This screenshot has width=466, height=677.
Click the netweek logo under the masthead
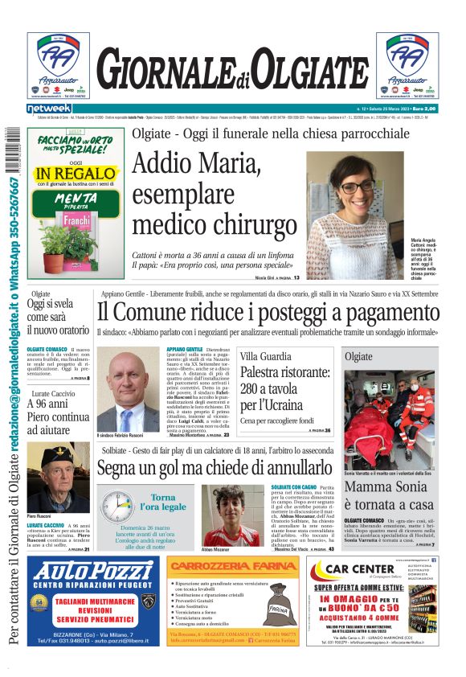click(x=50, y=109)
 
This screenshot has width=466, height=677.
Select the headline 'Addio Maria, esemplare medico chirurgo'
click(x=214, y=193)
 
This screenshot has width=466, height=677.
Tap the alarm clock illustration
click(x=117, y=506)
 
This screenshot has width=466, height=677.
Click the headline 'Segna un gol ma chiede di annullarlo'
click(x=215, y=468)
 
